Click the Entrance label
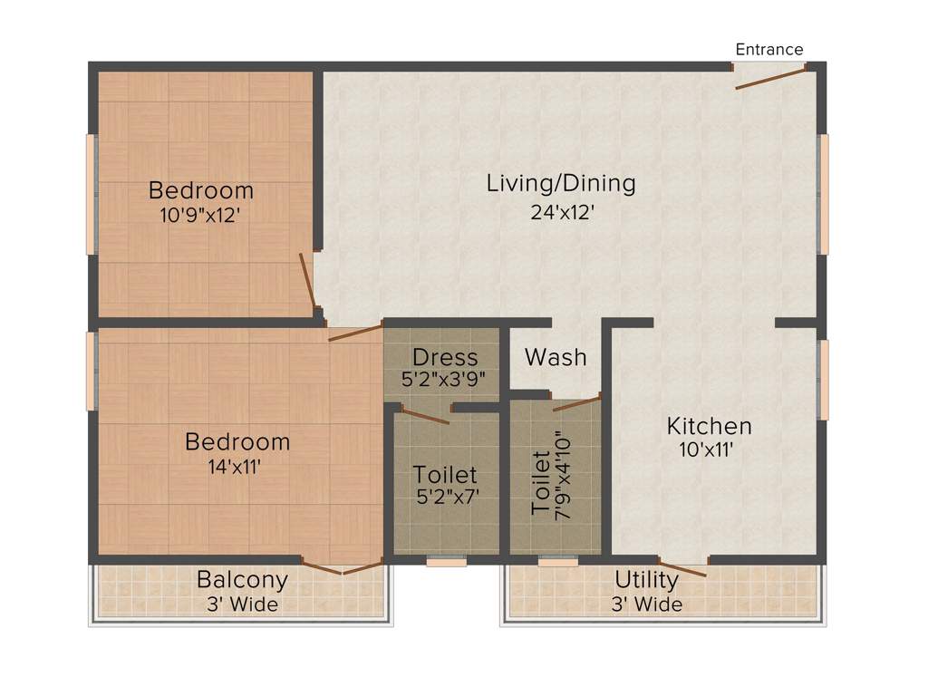coord(768,50)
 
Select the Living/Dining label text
coord(561,183)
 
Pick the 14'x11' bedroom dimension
coord(237,467)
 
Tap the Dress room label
coord(444,356)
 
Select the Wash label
coord(556,357)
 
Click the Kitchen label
coord(709,426)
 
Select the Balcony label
coord(242,580)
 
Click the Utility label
coord(646,580)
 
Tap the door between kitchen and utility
coord(682,567)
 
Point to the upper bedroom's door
coord(307,280)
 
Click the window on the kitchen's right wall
coord(823,380)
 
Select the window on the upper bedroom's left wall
coord(91,194)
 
